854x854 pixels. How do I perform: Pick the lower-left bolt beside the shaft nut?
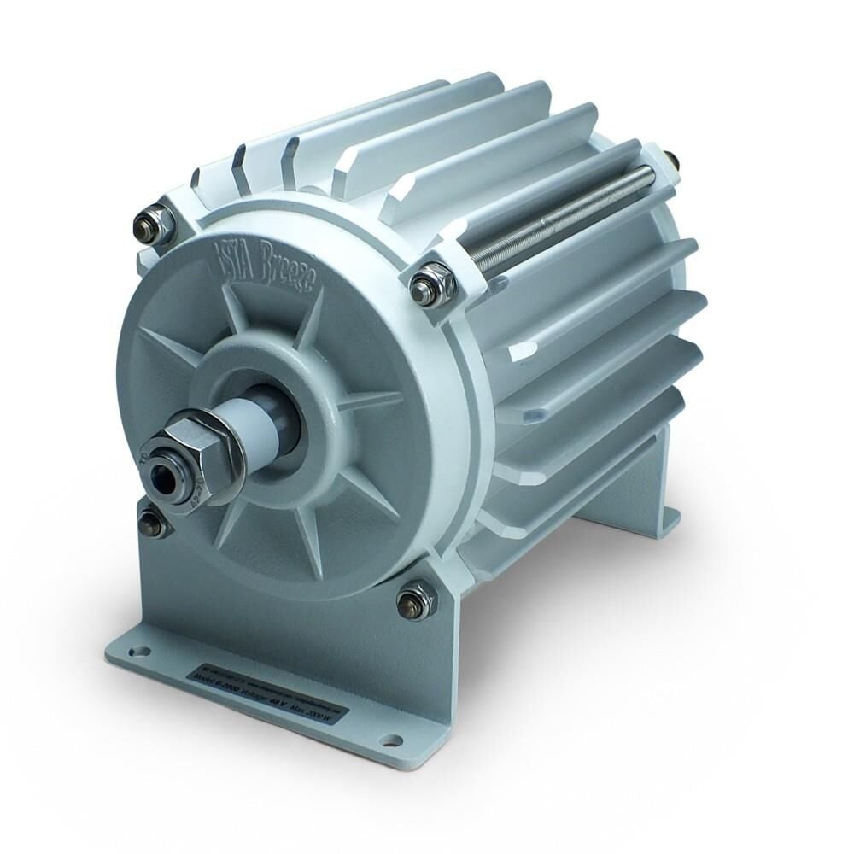pos(154,523)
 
